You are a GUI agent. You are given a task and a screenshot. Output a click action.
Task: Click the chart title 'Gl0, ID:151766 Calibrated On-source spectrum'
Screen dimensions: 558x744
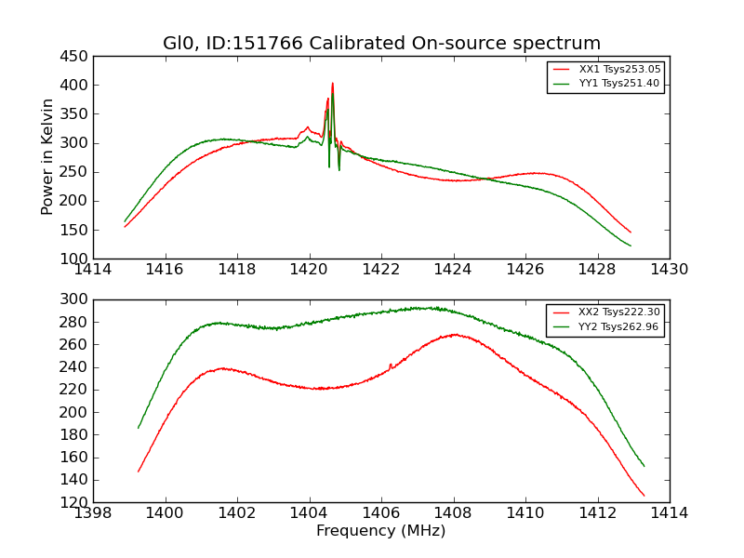pos(381,44)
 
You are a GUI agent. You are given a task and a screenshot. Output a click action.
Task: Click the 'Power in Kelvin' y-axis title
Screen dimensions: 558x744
pos(48,157)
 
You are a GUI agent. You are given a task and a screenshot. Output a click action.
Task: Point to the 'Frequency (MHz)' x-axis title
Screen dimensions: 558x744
pos(381,531)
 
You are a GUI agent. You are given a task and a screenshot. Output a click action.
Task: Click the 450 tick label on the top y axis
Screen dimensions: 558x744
pos(75,56)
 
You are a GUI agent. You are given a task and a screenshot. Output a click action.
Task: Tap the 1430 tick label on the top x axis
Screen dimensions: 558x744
pos(669,270)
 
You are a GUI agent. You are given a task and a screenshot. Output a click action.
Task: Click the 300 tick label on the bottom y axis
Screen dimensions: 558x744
pos(75,299)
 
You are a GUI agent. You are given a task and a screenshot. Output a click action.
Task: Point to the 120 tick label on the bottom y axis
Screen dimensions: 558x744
pos(75,502)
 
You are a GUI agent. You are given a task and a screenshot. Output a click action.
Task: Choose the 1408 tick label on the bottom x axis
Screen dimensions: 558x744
pos(453,513)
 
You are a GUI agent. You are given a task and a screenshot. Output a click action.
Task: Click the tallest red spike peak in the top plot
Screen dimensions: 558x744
pos(332,84)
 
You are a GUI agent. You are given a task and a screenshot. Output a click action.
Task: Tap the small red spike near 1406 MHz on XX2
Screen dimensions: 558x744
pos(391,364)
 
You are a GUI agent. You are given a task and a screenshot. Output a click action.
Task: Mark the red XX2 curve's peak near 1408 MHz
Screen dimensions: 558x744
pos(454,335)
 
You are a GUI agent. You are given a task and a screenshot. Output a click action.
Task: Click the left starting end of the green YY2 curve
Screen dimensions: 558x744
pos(139,428)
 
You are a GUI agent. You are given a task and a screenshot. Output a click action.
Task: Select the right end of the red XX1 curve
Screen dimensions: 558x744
pos(631,232)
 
